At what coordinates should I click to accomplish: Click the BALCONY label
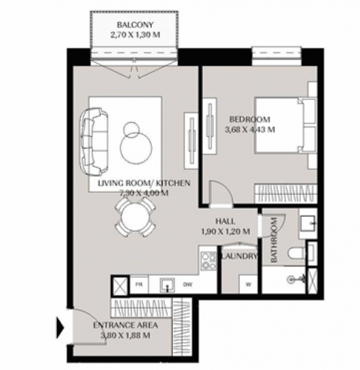click(x=135, y=25)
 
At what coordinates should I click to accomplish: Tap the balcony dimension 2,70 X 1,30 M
click(x=135, y=35)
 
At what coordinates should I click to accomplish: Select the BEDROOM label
click(x=250, y=119)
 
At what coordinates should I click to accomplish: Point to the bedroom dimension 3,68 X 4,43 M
click(x=250, y=129)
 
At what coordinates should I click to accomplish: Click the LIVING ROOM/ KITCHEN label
click(x=144, y=184)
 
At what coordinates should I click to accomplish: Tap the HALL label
click(x=225, y=221)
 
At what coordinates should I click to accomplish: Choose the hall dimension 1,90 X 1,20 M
click(x=225, y=232)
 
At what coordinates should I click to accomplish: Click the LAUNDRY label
click(x=239, y=256)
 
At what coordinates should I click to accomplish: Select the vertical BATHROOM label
click(x=274, y=240)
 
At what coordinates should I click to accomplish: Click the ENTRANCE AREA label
click(x=125, y=325)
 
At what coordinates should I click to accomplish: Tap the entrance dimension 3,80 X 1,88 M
click(x=125, y=335)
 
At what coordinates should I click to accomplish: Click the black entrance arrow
click(x=60, y=328)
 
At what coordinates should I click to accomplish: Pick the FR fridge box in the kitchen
click(x=139, y=284)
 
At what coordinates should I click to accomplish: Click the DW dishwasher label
click(x=187, y=284)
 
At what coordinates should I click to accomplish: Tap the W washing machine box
click(x=248, y=284)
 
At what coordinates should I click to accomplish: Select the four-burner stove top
click(x=209, y=261)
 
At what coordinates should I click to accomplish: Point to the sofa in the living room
click(x=94, y=141)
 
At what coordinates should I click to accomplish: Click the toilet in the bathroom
click(x=297, y=253)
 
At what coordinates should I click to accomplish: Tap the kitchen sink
click(x=167, y=285)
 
